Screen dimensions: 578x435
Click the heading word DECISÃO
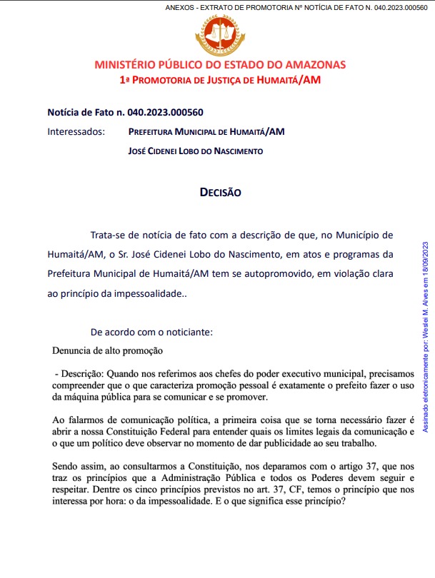coord(220,193)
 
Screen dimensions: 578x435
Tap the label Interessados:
coord(76,132)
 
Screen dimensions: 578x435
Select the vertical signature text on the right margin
coord(425,336)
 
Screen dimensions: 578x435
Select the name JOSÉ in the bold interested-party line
coord(138,151)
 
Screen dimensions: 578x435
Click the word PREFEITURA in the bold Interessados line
coord(155,132)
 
